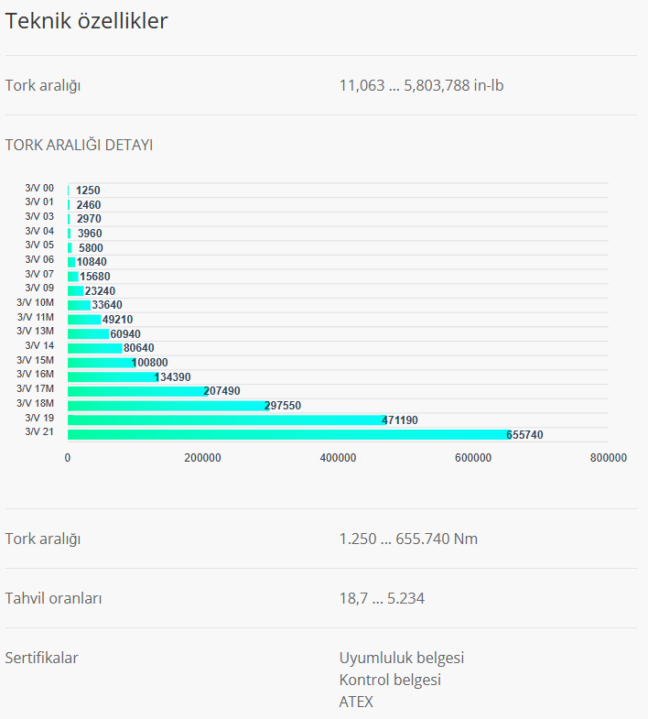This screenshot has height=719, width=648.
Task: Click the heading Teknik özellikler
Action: point(87,21)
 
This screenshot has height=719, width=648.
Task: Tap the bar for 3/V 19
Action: point(225,419)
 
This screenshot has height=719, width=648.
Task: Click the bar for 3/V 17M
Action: point(137,390)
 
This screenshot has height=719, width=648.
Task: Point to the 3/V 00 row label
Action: point(39,188)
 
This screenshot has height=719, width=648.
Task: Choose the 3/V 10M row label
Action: point(36,302)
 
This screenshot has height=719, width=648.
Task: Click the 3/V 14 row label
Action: point(39,345)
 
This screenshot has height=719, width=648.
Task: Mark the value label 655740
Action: point(524,435)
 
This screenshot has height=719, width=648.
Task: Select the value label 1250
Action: point(88,191)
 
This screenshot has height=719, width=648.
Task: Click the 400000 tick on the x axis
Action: point(338,457)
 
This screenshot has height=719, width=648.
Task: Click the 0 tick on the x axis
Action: point(68,457)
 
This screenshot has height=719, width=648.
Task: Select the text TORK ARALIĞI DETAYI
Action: point(79,145)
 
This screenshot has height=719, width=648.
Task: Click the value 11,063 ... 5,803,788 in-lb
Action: point(421,85)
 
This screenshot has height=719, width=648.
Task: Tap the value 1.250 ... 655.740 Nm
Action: point(408,539)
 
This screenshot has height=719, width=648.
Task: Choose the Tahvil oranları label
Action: point(53,598)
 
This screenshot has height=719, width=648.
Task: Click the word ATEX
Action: point(356,702)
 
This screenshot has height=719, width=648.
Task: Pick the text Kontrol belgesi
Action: point(390,680)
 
